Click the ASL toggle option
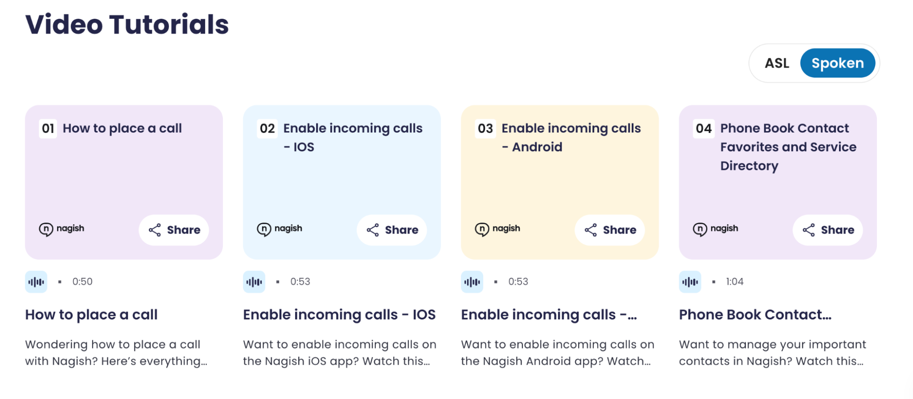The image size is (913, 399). (776, 63)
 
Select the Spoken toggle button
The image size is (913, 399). (837, 63)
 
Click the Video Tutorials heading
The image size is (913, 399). (127, 24)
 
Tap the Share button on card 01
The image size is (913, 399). (174, 230)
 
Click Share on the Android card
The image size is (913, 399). (610, 230)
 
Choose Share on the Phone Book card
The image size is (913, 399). (828, 230)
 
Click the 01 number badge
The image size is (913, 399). (48, 128)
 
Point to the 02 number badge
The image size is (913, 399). (267, 128)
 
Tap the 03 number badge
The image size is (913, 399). (485, 128)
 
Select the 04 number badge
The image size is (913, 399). (703, 128)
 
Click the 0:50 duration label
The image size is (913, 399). (82, 282)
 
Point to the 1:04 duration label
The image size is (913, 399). (734, 282)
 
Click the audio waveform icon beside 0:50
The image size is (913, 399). (36, 282)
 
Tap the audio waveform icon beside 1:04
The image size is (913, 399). (690, 282)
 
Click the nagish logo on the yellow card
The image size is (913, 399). (497, 229)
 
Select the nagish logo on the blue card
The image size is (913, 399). (280, 229)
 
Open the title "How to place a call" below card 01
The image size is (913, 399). (91, 314)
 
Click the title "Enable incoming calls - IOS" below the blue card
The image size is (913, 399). (339, 314)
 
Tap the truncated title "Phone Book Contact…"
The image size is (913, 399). (755, 314)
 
